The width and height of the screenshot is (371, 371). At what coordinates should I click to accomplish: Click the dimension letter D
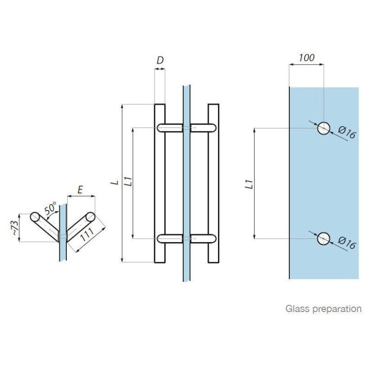coord(160,60)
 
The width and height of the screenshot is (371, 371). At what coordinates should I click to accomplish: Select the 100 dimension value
coord(307,58)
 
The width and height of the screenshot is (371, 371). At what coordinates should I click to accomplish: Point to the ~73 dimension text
coord(14,228)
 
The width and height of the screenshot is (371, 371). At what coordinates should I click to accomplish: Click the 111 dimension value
coord(87,235)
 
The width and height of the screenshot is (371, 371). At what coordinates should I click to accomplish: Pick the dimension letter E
coord(80,190)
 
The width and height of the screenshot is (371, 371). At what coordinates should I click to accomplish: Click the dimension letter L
coord(115,182)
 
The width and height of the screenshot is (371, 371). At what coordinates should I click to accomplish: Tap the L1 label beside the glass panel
coord(249,184)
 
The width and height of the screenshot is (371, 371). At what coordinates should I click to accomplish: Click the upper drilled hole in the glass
coord(323,128)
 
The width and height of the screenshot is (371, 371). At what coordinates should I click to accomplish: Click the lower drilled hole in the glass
coord(323,238)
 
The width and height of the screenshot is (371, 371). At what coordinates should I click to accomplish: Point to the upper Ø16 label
coord(346,133)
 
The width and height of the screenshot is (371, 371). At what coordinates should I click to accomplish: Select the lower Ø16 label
coord(346,243)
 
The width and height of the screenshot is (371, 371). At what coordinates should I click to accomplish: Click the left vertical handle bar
coord(160,183)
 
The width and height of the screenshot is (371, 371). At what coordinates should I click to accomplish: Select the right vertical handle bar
coord(213,183)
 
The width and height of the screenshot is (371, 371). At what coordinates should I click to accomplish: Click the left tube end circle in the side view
coord(35,217)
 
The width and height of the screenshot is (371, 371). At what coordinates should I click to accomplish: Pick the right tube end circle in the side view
coord(90,217)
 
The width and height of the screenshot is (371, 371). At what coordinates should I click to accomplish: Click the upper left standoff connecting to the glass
coord(170,128)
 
